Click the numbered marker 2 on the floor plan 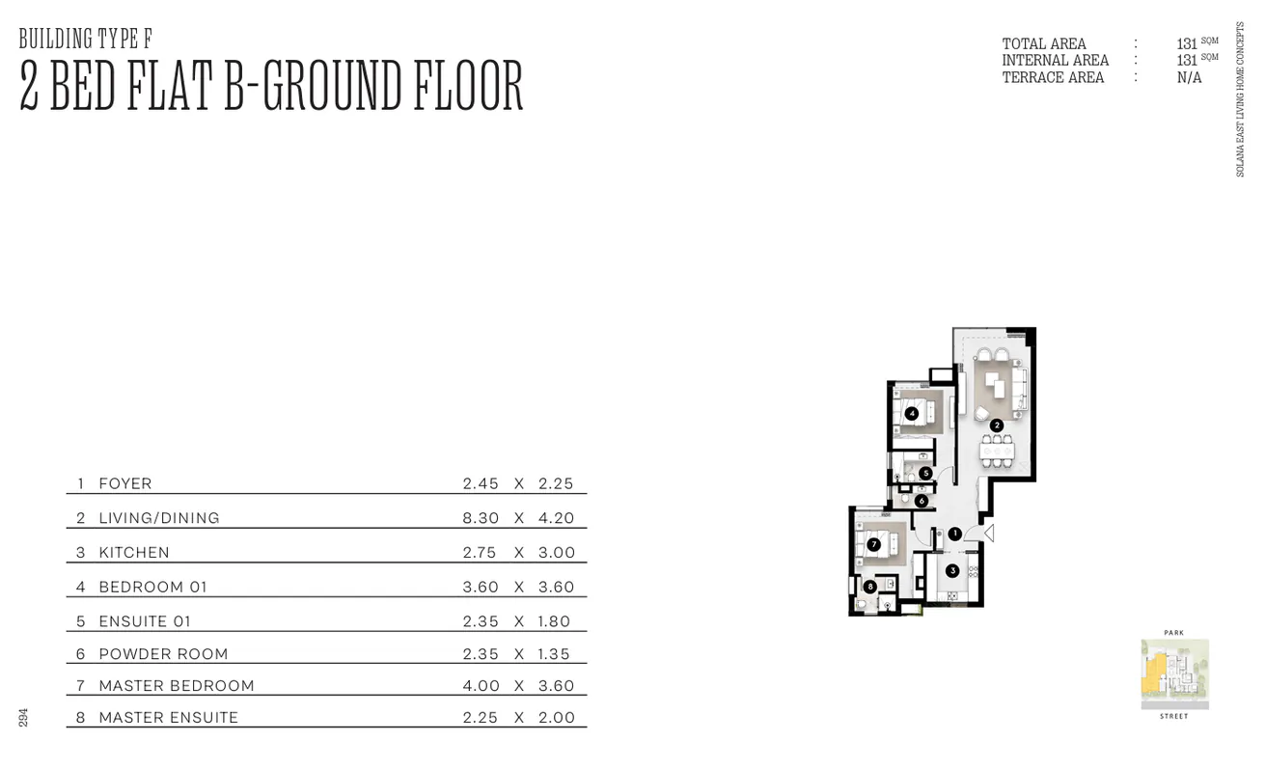pos(997,425)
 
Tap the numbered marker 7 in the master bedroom pos(873,544)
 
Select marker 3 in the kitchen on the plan pos(952,570)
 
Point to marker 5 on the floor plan pos(925,474)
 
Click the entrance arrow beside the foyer pos(986,533)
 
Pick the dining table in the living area pos(997,451)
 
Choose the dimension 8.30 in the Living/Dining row pos(481,518)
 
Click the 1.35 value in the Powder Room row pos(555,654)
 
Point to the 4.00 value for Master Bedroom pos(481,686)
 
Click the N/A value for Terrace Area pos(1189,77)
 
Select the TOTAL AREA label pos(1044,44)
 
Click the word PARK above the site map pos(1173,633)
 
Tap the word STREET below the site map pos(1173,717)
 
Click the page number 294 pos(23,718)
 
